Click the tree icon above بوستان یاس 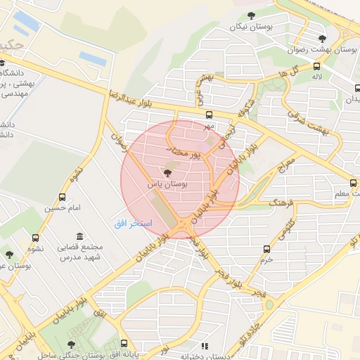(x=167, y=172)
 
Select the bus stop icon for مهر (x=208, y=115)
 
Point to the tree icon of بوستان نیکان (x=251, y=15)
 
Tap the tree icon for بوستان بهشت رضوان (x=322, y=39)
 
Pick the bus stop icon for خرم (x=266, y=249)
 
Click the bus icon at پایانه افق (x=125, y=345)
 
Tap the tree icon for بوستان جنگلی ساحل (x=70, y=345)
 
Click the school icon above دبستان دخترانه (x=205, y=346)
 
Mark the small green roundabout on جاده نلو (x=269, y=304)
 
